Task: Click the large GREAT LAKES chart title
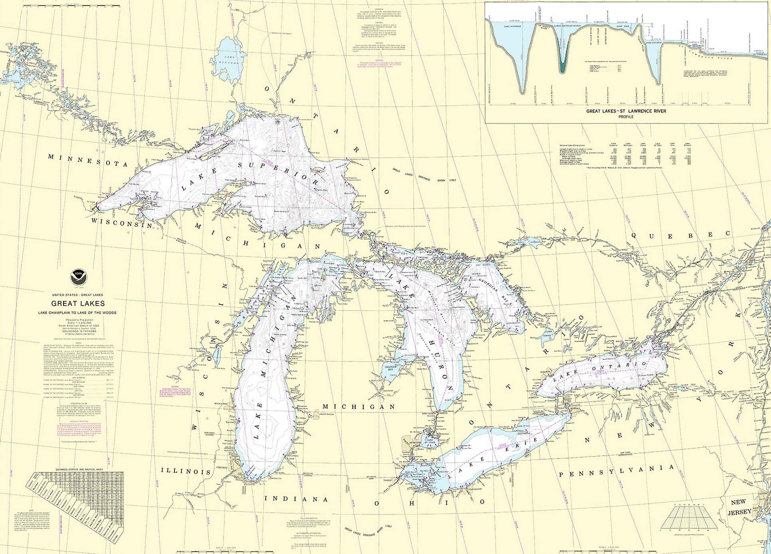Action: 78,304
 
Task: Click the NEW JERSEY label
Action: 738,507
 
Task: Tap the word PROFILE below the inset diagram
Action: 626,117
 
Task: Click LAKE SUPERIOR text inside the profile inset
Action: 507,26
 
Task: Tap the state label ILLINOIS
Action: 186,471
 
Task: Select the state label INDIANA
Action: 296,499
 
